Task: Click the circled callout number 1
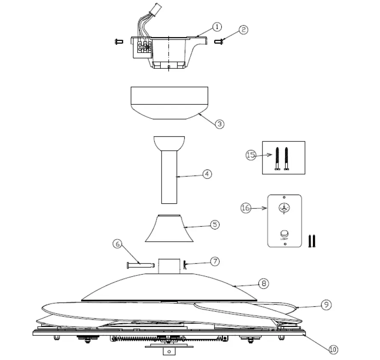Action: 217,27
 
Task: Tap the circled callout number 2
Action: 244,29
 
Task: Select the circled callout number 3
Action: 219,124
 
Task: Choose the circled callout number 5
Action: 215,224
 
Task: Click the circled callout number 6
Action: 118,244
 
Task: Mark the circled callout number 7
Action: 215,261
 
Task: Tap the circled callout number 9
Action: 327,304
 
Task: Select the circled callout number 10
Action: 333,349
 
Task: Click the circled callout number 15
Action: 250,155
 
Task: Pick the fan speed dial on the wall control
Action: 284,208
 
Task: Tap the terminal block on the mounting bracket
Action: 143,47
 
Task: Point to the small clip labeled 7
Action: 186,265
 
